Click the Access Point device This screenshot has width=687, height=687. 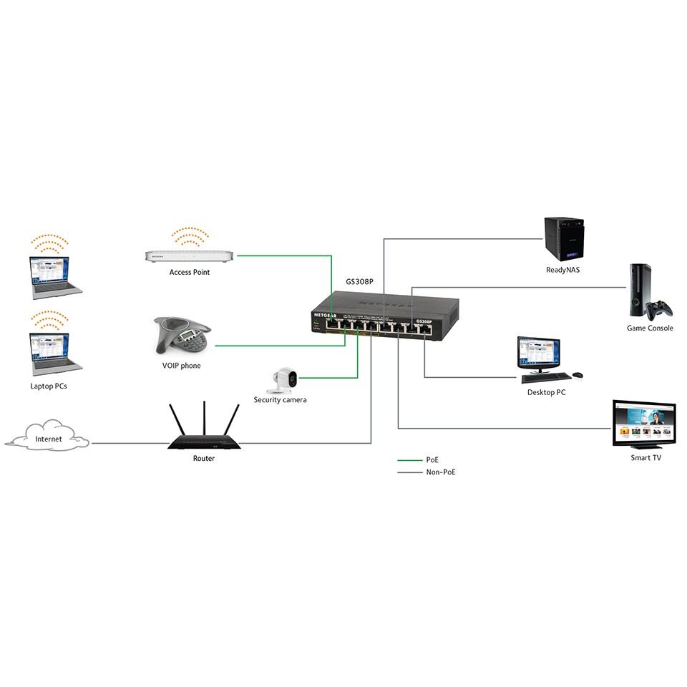click(x=190, y=255)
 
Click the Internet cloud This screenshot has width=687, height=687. click(x=49, y=437)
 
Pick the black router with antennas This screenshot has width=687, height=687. click(x=203, y=442)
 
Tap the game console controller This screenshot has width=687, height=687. click(x=658, y=308)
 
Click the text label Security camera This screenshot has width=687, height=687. click(x=280, y=400)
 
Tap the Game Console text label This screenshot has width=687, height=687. click(x=650, y=328)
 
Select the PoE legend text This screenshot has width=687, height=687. click(x=432, y=460)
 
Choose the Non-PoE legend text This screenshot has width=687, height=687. click(x=440, y=472)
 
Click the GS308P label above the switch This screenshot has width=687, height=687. click(x=360, y=282)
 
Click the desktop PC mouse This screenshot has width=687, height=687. click(x=578, y=374)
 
